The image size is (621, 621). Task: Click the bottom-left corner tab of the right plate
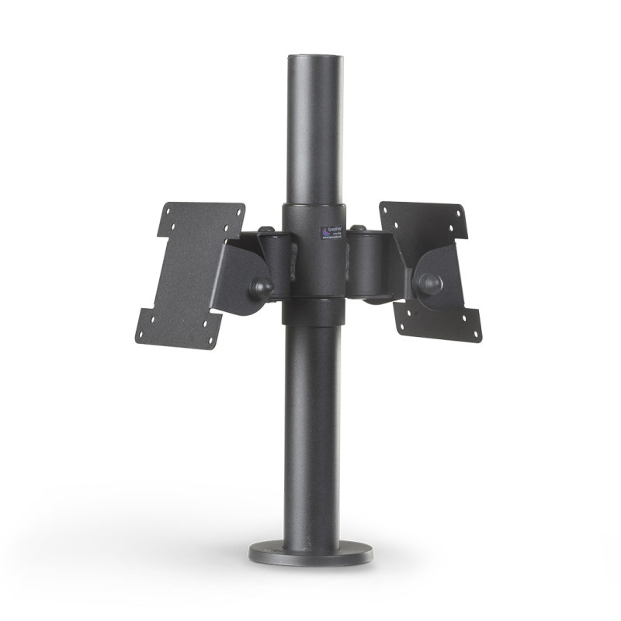(405, 320)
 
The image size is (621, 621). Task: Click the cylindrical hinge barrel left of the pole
(273, 260)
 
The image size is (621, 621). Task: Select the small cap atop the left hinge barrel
(266, 230)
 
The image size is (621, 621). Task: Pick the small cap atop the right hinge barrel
(359, 228)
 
